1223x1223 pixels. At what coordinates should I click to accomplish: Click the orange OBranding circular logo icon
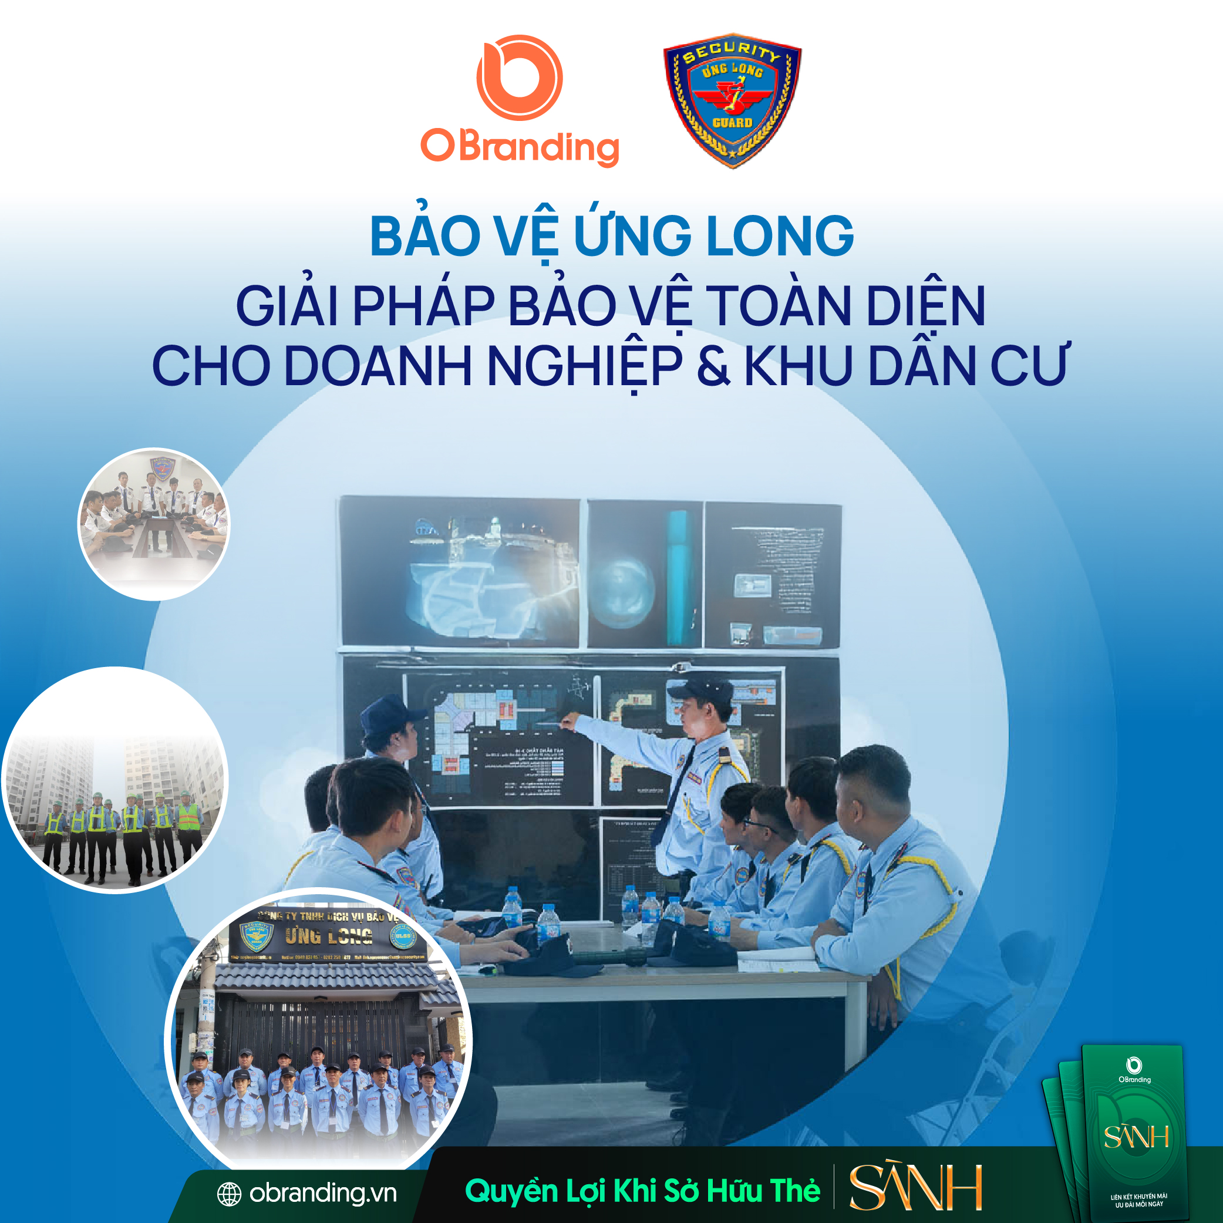[x=519, y=78]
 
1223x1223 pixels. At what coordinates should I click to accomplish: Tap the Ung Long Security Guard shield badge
[x=732, y=99]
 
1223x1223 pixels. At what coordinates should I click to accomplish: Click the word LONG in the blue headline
[x=780, y=236]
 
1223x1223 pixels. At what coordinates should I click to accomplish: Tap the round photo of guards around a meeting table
[x=154, y=524]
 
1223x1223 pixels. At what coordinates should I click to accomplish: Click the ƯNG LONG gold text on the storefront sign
[x=329, y=935]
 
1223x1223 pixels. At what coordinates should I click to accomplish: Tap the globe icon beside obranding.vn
[x=229, y=1194]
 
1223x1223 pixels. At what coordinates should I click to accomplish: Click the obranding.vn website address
[x=323, y=1193]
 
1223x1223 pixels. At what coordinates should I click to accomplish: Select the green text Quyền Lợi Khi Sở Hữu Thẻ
[x=642, y=1191]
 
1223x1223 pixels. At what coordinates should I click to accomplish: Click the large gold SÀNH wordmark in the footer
[x=915, y=1188]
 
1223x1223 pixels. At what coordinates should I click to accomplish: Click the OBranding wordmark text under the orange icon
[x=520, y=147]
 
